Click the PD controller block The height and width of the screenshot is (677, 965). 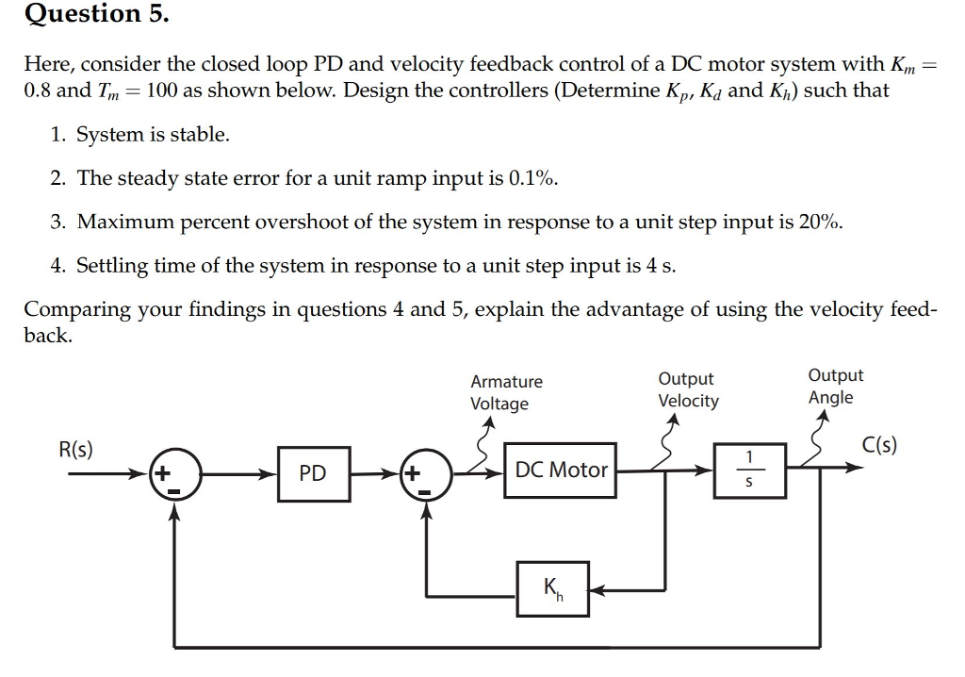point(313,472)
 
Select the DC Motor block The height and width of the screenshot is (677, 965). point(561,470)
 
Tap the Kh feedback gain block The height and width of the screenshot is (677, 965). point(552,590)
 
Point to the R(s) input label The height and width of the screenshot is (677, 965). point(75,449)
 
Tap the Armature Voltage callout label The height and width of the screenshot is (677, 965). point(506,392)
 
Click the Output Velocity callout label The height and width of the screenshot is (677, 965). point(687,389)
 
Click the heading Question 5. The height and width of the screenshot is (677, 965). point(84,14)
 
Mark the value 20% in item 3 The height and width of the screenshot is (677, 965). point(819,223)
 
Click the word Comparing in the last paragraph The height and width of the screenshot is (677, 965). point(74,310)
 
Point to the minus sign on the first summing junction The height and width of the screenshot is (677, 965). point(175,491)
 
